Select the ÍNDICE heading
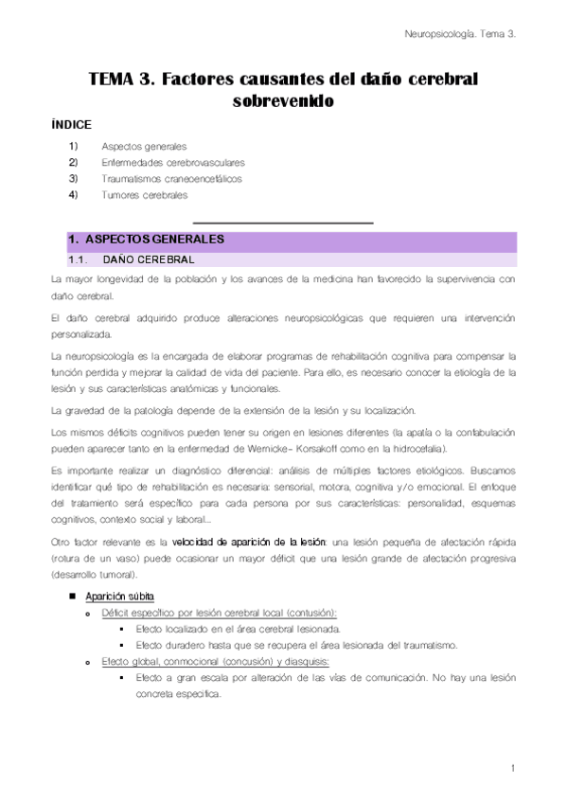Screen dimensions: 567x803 [x=71, y=125]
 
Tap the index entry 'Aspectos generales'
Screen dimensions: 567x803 [x=144, y=147]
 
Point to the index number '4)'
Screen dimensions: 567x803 [x=73, y=195]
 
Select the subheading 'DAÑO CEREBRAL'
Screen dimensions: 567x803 [x=148, y=259]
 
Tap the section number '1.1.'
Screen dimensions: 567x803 [x=78, y=259]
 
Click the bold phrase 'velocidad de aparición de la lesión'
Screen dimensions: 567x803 [x=249, y=541]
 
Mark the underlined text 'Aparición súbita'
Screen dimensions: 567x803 [x=120, y=597]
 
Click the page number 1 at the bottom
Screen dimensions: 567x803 [x=511, y=768]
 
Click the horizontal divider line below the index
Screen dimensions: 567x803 [x=282, y=222]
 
